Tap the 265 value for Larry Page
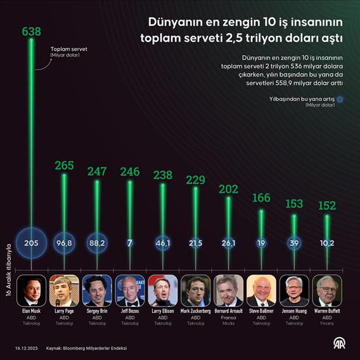pos(64,166)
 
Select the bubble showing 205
pos(31,243)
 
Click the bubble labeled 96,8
pos(64,243)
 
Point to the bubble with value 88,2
pos(97,243)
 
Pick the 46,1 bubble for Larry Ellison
pos(163,243)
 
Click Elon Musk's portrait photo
pos(31,290)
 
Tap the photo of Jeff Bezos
pos(130,290)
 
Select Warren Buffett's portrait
pos(328,290)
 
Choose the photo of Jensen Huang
pos(295,290)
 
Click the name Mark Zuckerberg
pos(196,311)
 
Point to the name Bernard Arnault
pos(229,311)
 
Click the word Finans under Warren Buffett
pos(328,323)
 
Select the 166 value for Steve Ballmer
pos(262,199)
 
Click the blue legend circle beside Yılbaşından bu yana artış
pos(340,99)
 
